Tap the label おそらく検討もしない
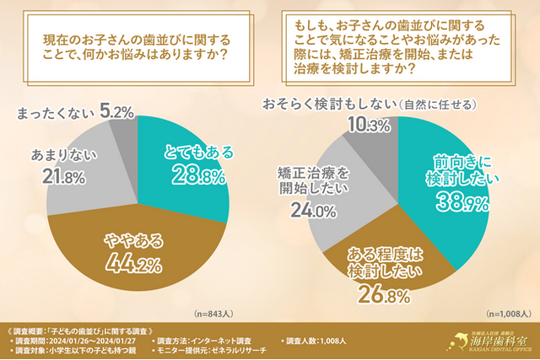[329, 104]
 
